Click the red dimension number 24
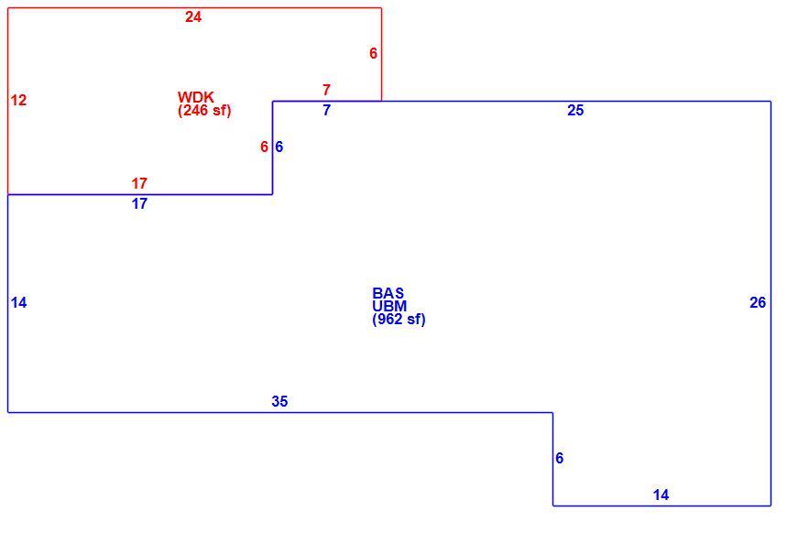pyautogui.click(x=193, y=17)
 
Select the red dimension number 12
pyautogui.click(x=18, y=100)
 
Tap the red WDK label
pyautogui.click(x=195, y=97)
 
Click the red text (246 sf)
pyautogui.click(x=204, y=110)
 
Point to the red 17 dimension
pyautogui.click(x=139, y=183)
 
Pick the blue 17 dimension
pyautogui.click(x=139, y=203)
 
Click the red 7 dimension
pyautogui.click(x=326, y=90)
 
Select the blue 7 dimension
pyautogui.click(x=326, y=110)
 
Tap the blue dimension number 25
pyautogui.click(x=575, y=110)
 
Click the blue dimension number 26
pyautogui.click(x=758, y=303)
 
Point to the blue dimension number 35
pyautogui.click(x=279, y=401)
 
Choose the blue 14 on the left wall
pyautogui.click(x=18, y=303)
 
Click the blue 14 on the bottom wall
pyautogui.click(x=661, y=495)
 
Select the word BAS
pyautogui.click(x=388, y=293)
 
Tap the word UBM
pyautogui.click(x=389, y=306)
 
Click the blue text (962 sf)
pyautogui.click(x=399, y=320)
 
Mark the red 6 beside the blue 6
pyautogui.click(x=264, y=147)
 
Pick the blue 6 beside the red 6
pyautogui.click(x=279, y=147)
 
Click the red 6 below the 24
pyautogui.click(x=373, y=53)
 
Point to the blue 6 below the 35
pyautogui.click(x=559, y=458)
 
